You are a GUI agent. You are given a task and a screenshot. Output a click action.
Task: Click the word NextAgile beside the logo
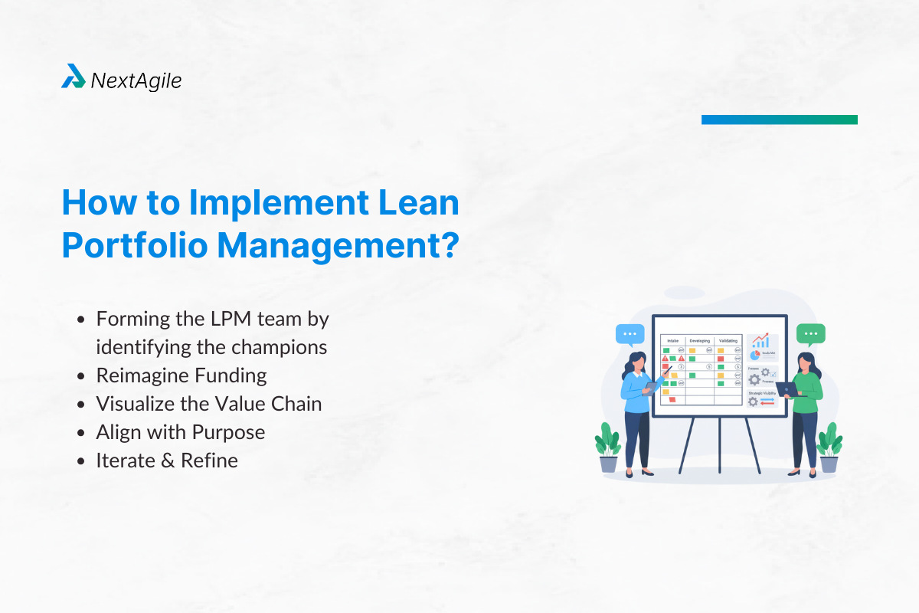click(x=136, y=80)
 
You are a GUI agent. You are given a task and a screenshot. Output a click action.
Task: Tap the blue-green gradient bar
click(x=779, y=120)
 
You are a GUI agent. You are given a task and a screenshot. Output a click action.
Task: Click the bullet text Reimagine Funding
click(x=182, y=375)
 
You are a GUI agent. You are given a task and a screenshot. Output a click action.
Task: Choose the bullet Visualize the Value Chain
click(x=208, y=404)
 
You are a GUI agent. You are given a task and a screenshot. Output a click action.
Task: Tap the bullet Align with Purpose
click(x=181, y=432)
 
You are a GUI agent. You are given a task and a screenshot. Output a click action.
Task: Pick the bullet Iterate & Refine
click(x=167, y=461)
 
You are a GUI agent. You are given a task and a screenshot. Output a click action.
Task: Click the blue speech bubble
click(x=630, y=334)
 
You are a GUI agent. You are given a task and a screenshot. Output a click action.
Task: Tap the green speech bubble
click(x=810, y=334)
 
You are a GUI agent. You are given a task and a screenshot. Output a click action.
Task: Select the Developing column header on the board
click(x=699, y=340)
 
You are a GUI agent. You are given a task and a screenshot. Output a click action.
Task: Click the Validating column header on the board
click(x=728, y=340)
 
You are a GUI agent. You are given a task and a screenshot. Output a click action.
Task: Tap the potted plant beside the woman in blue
click(x=607, y=448)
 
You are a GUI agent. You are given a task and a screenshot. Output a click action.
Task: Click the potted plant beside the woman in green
click(x=829, y=448)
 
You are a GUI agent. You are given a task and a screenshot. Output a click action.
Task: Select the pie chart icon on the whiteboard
click(x=754, y=355)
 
